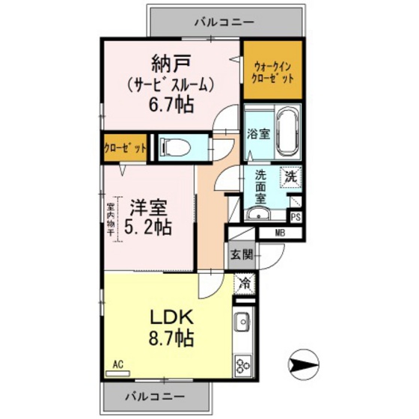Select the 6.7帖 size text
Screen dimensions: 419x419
171,104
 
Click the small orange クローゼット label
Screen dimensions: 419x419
125,147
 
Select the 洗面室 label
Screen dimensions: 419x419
260,187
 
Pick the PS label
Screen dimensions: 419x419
296,218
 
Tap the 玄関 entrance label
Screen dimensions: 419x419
240,254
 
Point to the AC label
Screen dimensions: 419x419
117,364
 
